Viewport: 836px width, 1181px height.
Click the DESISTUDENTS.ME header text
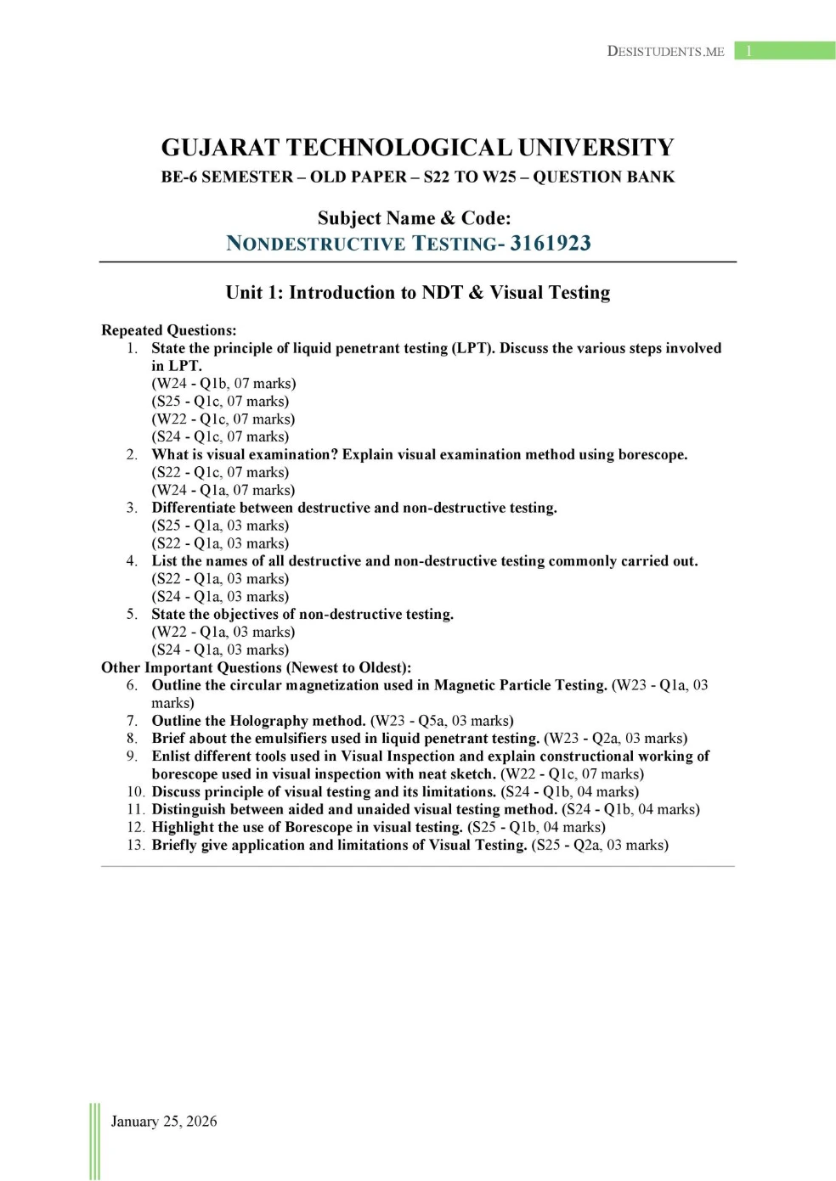click(x=665, y=51)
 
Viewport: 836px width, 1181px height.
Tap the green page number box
click(x=784, y=51)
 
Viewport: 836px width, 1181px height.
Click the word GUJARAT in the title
click(x=220, y=148)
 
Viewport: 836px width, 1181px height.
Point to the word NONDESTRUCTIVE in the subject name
click(x=316, y=244)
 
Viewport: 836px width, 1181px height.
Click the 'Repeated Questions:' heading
click(x=168, y=330)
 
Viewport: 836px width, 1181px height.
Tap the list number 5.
click(x=132, y=614)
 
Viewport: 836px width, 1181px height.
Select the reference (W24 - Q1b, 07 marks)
click(x=223, y=383)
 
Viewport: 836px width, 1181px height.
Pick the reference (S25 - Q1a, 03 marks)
click(x=220, y=526)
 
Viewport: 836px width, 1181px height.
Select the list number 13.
click(x=135, y=845)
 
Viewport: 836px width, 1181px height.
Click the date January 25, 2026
click(x=164, y=1121)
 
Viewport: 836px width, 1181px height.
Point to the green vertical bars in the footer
click(x=94, y=1141)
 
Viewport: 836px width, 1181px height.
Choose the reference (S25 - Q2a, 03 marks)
click(x=600, y=845)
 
